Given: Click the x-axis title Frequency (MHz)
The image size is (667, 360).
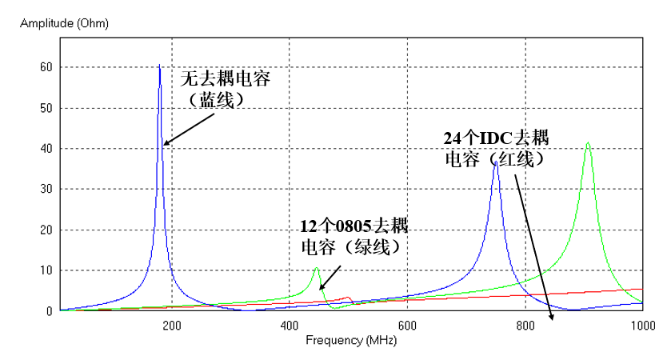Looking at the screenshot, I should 351,340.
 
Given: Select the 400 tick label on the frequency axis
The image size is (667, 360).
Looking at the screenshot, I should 290,326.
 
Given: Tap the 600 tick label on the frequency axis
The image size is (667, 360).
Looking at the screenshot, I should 407,326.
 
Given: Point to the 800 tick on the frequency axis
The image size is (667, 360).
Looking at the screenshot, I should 525,326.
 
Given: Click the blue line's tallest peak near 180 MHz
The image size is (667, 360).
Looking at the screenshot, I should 160,66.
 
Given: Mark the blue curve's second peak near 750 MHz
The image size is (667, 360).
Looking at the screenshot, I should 496,162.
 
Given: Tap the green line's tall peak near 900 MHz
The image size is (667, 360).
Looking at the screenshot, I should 588,143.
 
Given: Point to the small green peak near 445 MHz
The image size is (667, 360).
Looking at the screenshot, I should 317,268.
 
